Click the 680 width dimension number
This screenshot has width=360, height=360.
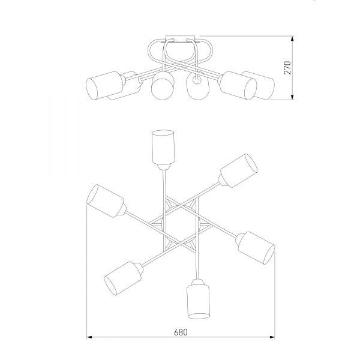pyautogui.click(x=181, y=332)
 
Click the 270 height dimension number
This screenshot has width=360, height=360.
pyautogui.click(x=287, y=67)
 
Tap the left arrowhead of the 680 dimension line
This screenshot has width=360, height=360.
pyautogui.click(x=89, y=337)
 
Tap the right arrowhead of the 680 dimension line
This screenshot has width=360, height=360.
pyautogui.click(x=272, y=337)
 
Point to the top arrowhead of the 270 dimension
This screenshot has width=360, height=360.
pyautogui.click(x=292, y=39)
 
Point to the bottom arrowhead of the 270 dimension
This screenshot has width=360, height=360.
pyautogui.click(x=292, y=97)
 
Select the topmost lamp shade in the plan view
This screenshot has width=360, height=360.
pyautogui.click(x=163, y=147)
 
